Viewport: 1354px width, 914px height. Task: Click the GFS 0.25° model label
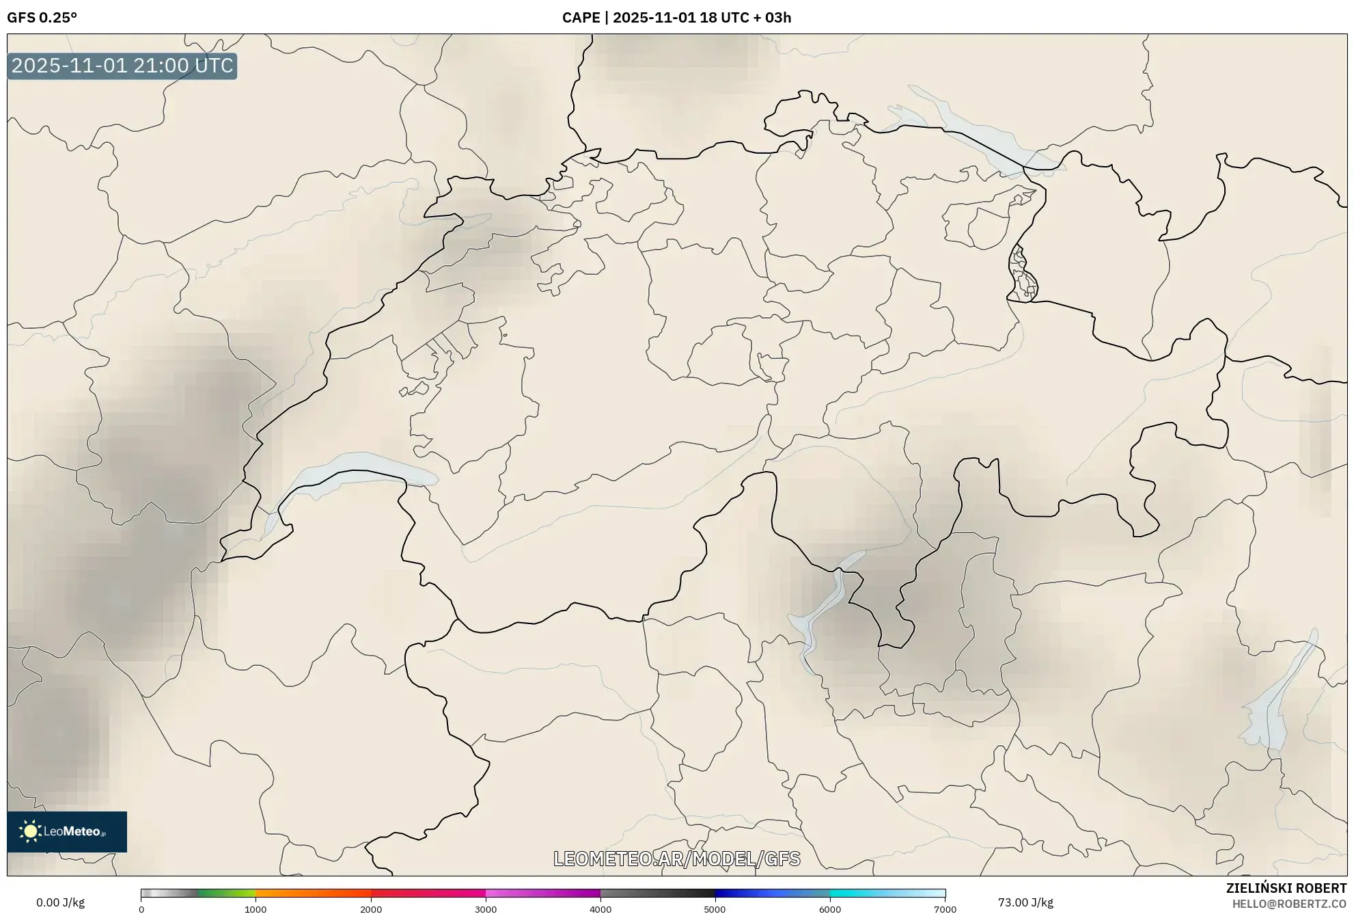pos(42,18)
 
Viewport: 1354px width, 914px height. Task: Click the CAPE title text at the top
pos(676,18)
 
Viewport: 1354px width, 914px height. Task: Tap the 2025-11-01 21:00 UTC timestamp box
pos(122,66)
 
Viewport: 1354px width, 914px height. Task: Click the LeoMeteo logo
pos(67,831)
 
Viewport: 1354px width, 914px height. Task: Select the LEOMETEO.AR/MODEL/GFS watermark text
pos(676,859)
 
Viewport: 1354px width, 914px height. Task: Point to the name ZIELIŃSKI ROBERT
pos(1286,888)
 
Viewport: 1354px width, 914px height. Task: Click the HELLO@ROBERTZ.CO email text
pos(1289,904)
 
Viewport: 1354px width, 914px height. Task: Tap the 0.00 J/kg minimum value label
pos(60,902)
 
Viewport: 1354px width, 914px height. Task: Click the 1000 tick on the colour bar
pos(255,909)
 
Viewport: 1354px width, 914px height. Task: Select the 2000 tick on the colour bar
pos(371,909)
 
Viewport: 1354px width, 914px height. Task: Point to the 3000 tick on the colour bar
pos(486,909)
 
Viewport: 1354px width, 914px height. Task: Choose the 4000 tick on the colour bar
pos(600,909)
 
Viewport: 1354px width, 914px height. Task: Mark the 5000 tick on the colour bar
pos(715,909)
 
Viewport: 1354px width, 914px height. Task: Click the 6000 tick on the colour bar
pos(830,909)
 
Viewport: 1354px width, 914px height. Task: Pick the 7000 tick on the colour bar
pos(945,909)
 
